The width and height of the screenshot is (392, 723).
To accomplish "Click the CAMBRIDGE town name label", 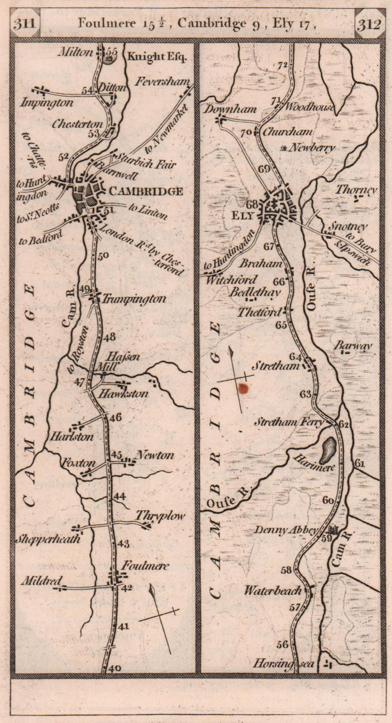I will coord(146,192).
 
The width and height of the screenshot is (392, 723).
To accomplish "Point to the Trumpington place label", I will coord(134,299).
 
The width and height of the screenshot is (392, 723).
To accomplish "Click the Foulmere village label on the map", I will coord(144,566).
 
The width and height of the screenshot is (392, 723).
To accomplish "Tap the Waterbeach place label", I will coord(272,591).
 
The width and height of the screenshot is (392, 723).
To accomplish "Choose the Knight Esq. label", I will coord(157,57).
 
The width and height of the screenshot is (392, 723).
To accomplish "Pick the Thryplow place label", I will coord(160,516).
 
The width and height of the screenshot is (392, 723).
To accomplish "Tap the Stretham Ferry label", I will coord(289,423).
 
